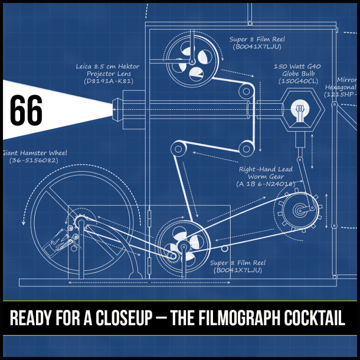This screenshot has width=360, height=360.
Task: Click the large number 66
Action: coord(27,110)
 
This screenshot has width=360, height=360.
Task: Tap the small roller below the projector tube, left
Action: coord(176,147)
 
